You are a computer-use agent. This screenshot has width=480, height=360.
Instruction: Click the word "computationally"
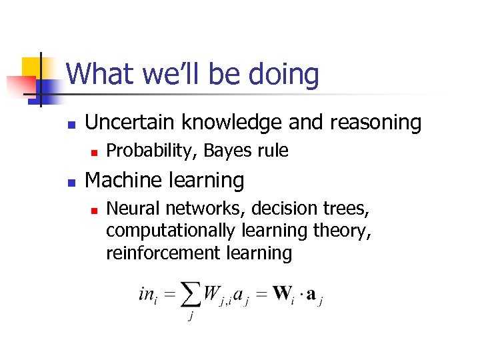click(171, 231)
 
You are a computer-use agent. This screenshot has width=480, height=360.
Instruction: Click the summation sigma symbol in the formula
click(191, 294)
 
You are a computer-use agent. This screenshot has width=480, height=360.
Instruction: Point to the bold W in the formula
click(282, 293)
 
